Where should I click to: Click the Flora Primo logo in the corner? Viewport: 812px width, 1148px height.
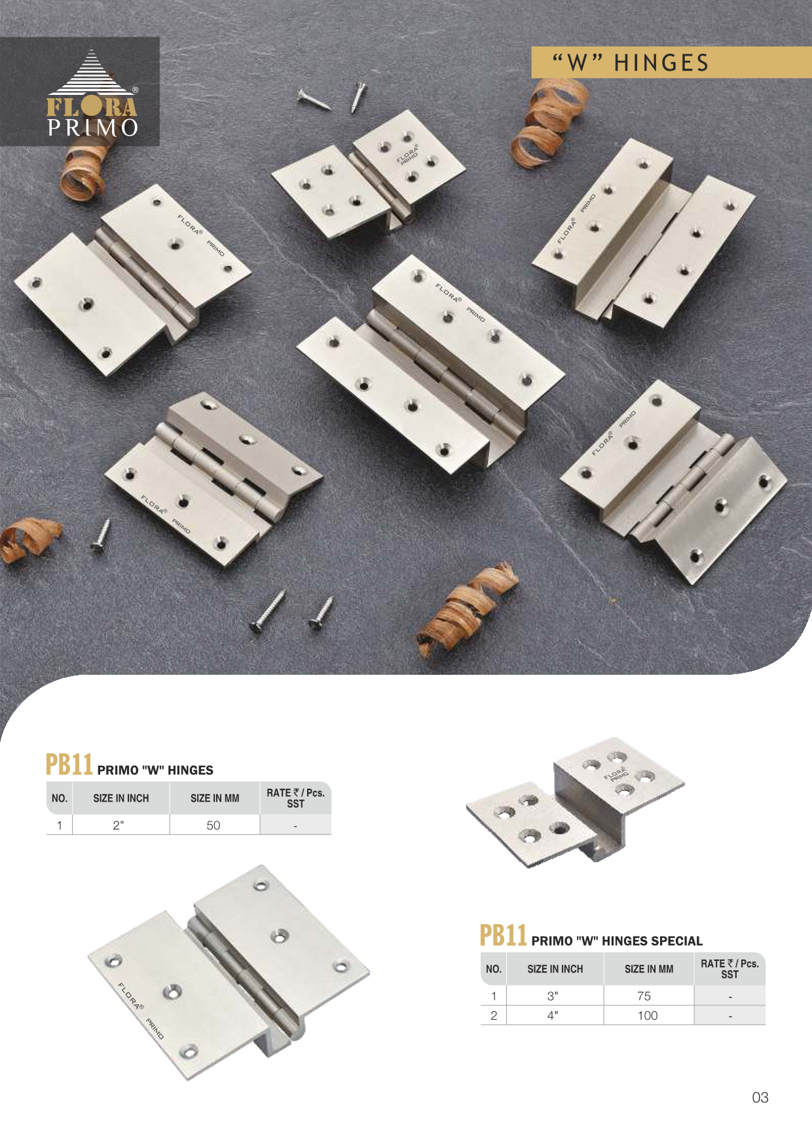(92, 94)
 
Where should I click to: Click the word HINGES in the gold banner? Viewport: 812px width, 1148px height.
(661, 63)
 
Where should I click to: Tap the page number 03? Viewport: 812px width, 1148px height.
(760, 1098)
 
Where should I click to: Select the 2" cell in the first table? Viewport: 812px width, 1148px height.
(118, 825)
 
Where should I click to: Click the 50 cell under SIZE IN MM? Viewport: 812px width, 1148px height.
(213, 825)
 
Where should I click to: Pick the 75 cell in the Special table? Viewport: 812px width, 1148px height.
(644, 996)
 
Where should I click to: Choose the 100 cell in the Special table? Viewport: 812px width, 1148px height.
(648, 1016)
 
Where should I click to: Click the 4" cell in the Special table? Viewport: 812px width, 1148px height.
(553, 1016)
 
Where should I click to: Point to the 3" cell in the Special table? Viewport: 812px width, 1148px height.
(553, 996)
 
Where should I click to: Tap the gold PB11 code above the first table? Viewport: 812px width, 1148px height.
(69, 764)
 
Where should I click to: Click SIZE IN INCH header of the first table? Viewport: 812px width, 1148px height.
(121, 798)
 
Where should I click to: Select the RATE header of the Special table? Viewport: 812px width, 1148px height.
(729, 969)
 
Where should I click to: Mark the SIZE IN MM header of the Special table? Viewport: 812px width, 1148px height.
(649, 969)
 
